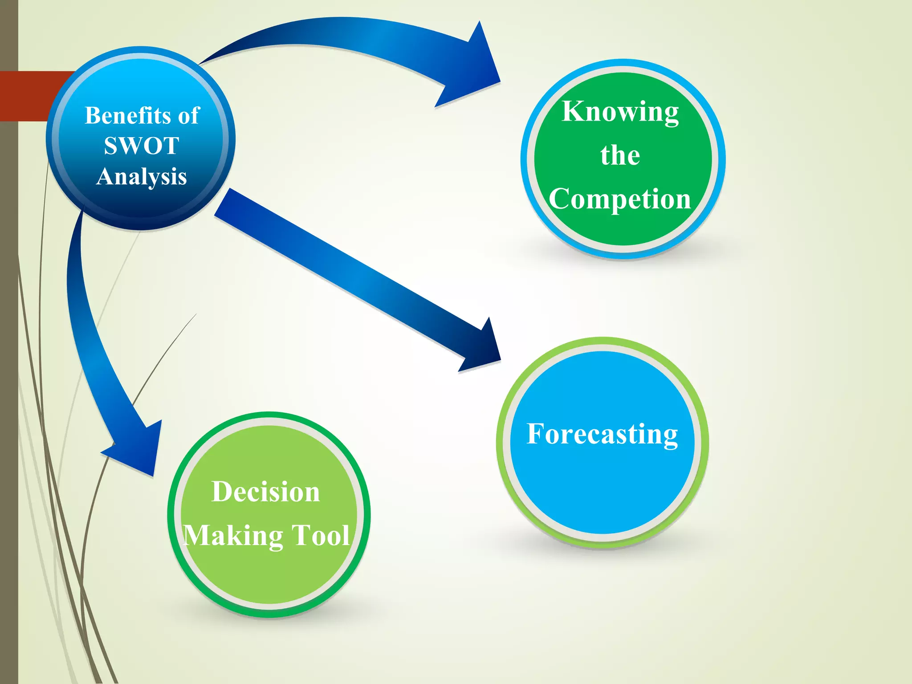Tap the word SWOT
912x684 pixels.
[142, 146]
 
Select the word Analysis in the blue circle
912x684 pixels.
[142, 176]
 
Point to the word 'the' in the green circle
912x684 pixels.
[620, 156]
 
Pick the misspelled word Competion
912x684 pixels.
[620, 199]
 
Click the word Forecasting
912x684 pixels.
[602, 434]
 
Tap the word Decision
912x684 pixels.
[265, 492]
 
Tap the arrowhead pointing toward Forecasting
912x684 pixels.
[483, 350]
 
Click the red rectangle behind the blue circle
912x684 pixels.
[27, 96]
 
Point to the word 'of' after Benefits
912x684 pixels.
[189, 116]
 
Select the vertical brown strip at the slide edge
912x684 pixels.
[9, 356]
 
